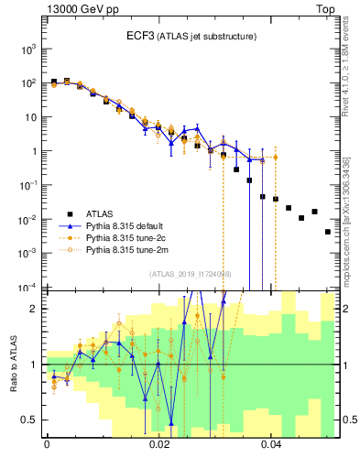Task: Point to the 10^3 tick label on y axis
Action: click(x=27, y=49)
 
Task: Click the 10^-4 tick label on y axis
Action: click(x=27, y=288)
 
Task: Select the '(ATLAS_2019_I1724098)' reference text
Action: click(x=190, y=274)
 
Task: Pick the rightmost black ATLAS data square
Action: click(x=327, y=232)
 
